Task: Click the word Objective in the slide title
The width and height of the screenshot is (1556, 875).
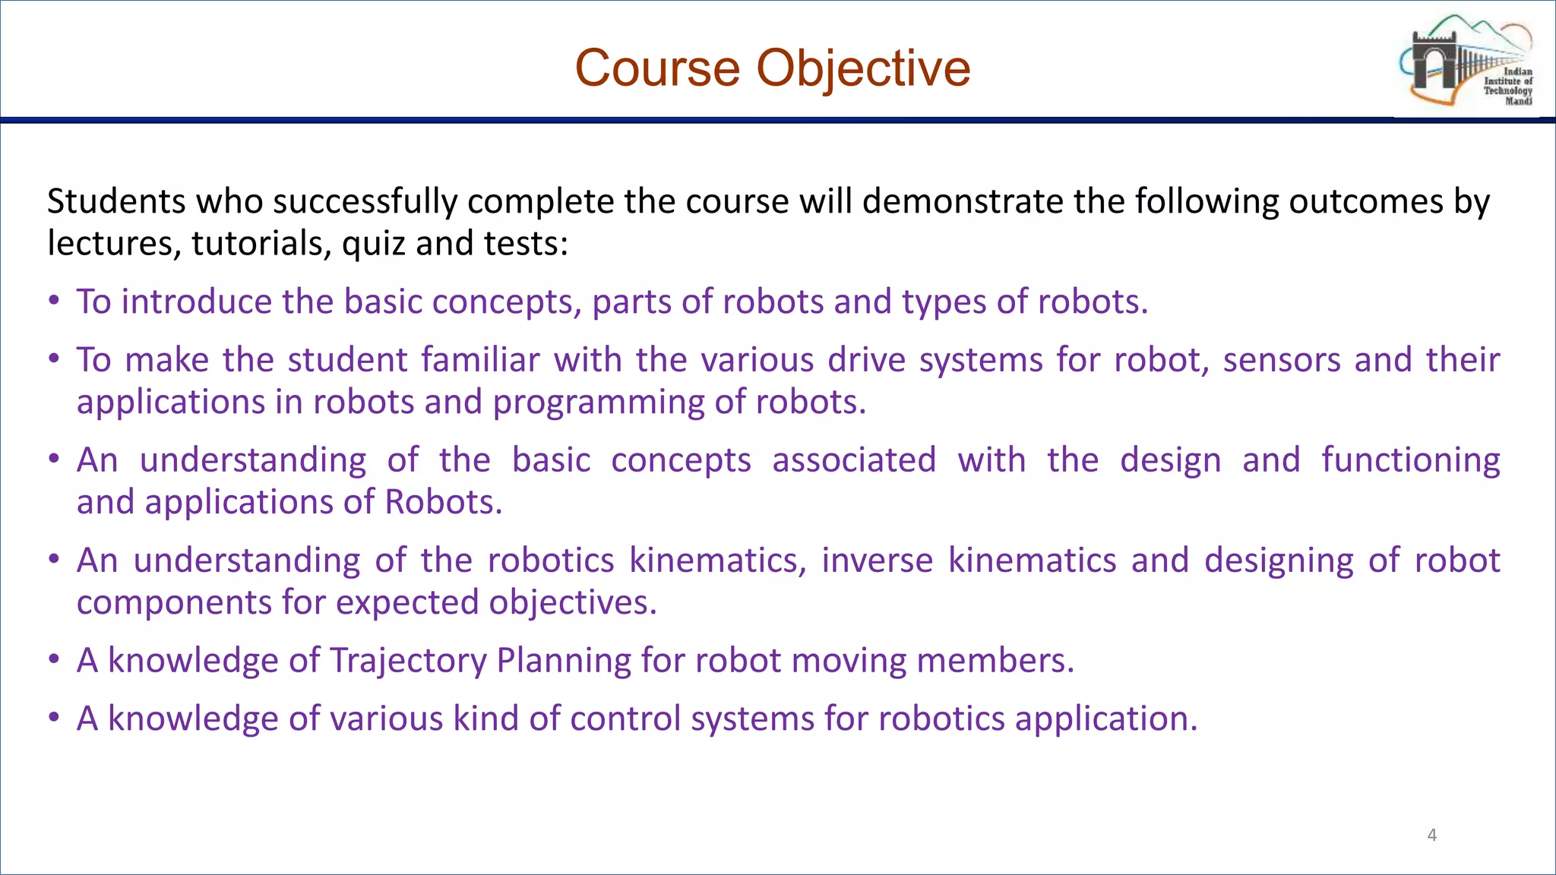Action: click(x=863, y=68)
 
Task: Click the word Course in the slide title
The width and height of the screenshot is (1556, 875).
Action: click(x=657, y=68)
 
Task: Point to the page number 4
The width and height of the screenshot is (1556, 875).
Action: click(x=1432, y=836)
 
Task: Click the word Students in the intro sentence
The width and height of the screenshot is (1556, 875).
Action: click(x=116, y=202)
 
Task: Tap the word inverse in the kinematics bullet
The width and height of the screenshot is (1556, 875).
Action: click(x=877, y=561)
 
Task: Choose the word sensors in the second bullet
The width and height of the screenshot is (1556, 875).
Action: click(x=1282, y=360)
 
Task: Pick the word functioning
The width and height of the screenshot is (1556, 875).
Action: click(x=1410, y=460)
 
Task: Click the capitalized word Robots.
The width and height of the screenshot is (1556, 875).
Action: click(x=443, y=502)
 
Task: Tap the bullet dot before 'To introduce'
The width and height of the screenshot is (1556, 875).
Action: click(x=53, y=302)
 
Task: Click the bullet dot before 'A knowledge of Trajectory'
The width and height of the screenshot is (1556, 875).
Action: click(x=53, y=660)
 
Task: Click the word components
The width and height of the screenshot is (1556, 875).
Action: click(x=174, y=603)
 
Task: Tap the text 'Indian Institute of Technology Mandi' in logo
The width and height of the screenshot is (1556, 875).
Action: click(x=1508, y=86)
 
